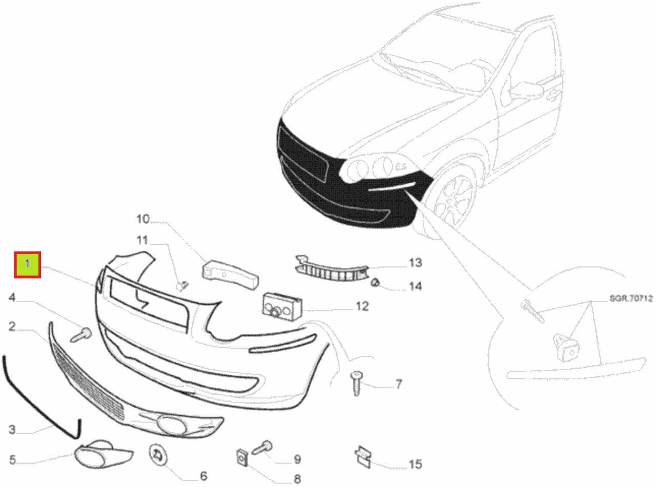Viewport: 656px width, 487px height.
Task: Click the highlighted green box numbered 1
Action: tap(27, 265)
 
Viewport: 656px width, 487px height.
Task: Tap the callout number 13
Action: tap(415, 263)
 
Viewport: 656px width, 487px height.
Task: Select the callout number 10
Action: tap(143, 219)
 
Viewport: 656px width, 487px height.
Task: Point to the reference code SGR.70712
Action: tap(631, 299)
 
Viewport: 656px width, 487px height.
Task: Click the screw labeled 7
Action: tap(356, 383)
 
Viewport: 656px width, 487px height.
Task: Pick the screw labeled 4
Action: tap(81, 335)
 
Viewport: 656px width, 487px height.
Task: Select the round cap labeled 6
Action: tap(158, 456)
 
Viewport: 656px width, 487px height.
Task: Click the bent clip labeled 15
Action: tap(363, 457)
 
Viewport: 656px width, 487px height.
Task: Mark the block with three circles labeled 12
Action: tap(282, 306)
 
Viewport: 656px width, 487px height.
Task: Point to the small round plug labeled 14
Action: tap(375, 283)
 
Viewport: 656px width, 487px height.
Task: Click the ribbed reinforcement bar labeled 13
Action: tap(332, 269)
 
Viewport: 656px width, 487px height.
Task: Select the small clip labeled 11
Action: tap(182, 286)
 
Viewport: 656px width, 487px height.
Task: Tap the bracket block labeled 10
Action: tap(230, 275)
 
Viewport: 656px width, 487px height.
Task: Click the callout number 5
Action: tap(12, 460)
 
